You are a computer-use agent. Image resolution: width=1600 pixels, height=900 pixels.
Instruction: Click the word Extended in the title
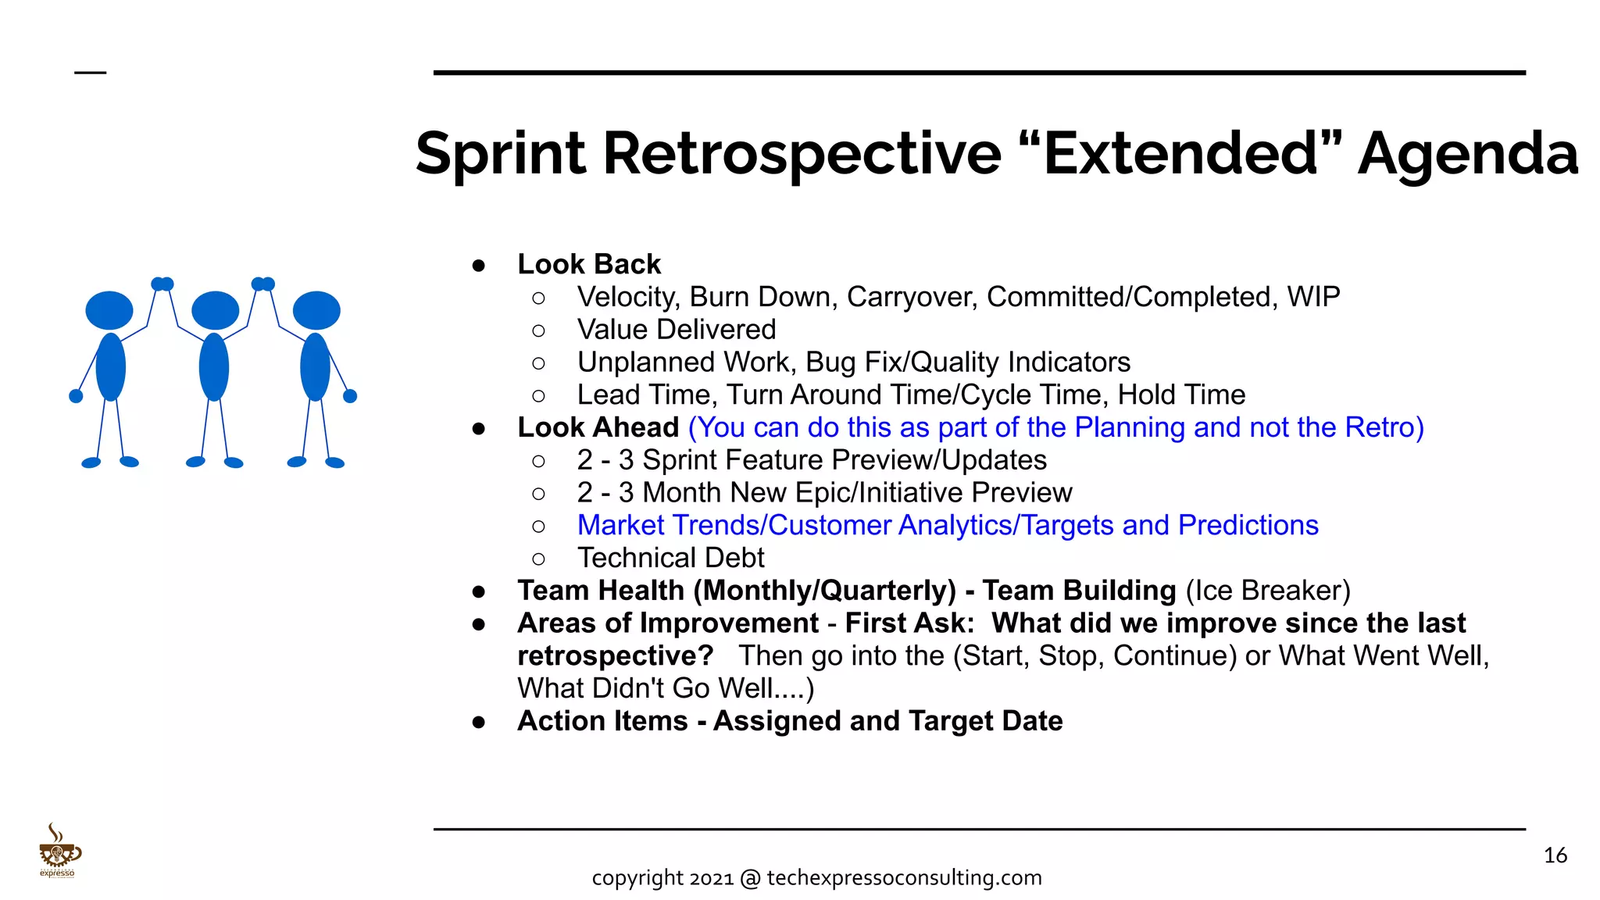1180,153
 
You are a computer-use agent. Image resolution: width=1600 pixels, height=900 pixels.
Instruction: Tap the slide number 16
1555,855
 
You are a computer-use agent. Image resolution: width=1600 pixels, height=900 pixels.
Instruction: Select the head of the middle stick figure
215,311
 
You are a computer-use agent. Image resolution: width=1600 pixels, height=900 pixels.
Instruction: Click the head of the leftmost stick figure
109,311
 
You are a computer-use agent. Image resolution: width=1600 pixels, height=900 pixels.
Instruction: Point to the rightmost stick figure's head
316,311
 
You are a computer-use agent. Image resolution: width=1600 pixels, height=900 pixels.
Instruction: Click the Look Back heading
589,264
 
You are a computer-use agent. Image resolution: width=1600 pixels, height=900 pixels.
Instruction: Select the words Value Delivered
677,330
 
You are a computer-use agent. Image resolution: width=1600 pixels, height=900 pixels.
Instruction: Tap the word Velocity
628,297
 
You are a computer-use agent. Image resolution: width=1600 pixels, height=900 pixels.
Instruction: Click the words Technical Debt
670,558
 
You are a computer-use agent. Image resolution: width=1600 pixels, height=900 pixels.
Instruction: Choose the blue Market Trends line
947,525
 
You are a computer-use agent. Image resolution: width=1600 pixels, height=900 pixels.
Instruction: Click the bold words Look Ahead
598,427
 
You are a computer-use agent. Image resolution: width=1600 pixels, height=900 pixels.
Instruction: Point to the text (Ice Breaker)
1267,591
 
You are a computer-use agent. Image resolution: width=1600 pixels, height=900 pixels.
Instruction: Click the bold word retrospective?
615,655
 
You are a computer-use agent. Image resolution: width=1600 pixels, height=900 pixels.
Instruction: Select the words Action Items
602,721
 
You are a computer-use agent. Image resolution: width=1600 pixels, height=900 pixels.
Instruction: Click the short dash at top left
90,73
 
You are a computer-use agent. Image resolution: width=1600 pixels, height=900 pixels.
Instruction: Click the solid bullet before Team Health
479,591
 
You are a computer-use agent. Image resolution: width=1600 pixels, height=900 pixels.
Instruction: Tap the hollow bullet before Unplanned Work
538,363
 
